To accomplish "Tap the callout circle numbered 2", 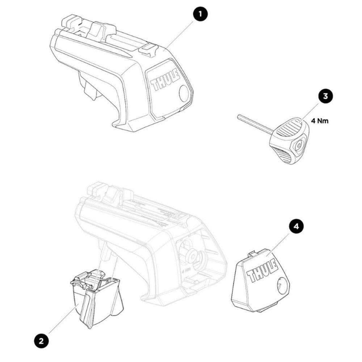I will click(41, 340).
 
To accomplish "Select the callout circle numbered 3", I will click(325, 96).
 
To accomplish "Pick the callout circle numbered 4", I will click(296, 227).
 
